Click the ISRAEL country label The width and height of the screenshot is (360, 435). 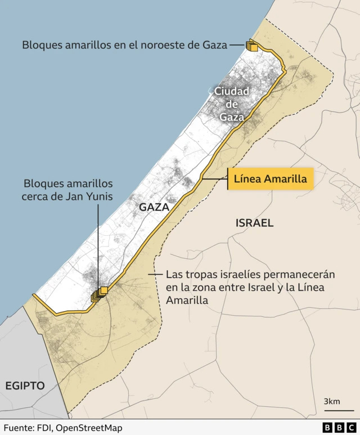pyautogui.click(x=254, y=223)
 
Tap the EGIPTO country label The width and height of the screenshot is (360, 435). pyautogui.click(x=25, y=385)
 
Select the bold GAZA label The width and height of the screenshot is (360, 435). pyautogui.click(x=154, y=207)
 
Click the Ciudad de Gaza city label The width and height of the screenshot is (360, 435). pyautogui.click(x=231, y=104)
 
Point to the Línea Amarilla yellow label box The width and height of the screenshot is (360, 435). pyautogui.click(x=269, y=180)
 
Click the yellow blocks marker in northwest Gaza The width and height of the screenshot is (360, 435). pyautogui.click(x=251, y=46)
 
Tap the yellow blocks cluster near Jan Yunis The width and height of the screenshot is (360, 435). pyautogui.click(x=100, y=293)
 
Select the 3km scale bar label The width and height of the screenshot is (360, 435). pyautogui.click(x=331, y=401)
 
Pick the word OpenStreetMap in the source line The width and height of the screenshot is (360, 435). pyautogui.click(x=88, y=428)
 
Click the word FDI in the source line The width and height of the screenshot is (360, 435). pyautogui.click(x=43, y=428)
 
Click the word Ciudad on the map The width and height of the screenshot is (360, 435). pyautogui.click(x=231, y=91)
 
